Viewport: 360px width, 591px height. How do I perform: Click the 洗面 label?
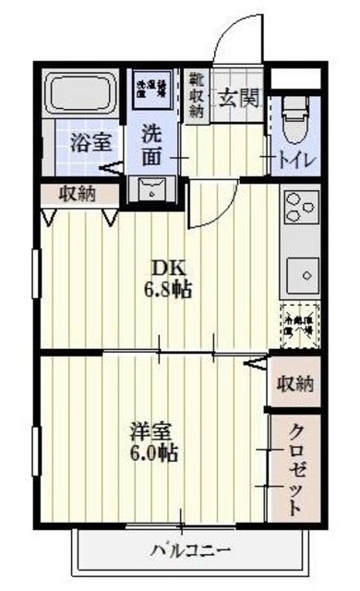pos(153,146)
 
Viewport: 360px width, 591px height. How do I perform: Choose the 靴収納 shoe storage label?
pos(197,93)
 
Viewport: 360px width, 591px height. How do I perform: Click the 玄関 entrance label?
pos(238,96)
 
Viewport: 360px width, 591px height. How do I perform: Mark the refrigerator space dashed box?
pos(299,325)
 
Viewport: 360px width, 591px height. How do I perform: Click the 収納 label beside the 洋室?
pos(295,382)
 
